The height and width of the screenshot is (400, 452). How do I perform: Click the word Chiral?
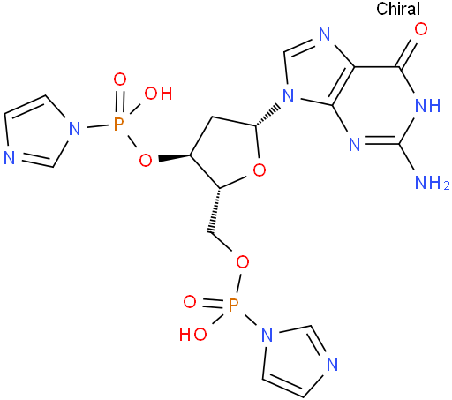coord(398,9)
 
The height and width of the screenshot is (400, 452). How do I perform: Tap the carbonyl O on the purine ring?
coord(421,29)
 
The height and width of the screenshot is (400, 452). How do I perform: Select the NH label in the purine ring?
coord(427,105)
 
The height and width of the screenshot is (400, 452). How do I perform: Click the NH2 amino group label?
coord(432,183)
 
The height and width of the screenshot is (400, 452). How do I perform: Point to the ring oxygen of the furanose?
coord(260,170)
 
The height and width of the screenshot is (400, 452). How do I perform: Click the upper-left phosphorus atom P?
coord(118,125)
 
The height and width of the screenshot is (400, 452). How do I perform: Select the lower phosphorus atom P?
coord(233,305)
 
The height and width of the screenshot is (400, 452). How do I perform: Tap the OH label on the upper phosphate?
coord(158,94)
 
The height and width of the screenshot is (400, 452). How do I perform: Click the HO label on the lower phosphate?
coord(193,335)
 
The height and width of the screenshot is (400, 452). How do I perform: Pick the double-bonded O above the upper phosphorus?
coord(120,79)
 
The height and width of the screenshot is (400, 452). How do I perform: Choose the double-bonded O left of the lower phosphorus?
coord(190,302)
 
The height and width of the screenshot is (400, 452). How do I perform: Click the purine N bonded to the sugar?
coord(288,96)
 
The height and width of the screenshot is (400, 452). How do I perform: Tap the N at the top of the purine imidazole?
coord(324,34)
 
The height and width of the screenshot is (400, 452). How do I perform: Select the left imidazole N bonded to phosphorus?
coord(74,129)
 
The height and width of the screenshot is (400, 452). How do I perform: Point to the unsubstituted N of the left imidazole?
coord(9,158)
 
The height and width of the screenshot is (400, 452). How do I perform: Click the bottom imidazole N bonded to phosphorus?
coord(267,336)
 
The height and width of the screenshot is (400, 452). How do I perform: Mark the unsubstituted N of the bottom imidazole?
coord(333,365)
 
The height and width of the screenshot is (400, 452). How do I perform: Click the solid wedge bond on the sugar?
coord(174,157)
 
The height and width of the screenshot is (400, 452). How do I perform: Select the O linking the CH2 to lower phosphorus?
coord(243,262)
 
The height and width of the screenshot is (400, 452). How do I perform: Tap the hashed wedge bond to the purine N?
coord(267,115)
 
